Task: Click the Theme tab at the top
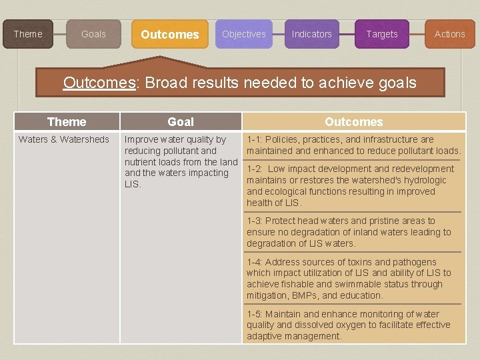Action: point(28,34)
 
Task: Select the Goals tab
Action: point(93,34)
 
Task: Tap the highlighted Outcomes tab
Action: point(169,34)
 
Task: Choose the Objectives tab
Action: point(243,34)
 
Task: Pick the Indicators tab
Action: point(311,34)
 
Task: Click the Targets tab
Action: point(381,34)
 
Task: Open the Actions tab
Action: point(449,34)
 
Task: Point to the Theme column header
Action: point(67,122)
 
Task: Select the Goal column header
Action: point(181,122)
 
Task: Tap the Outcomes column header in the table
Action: point(353,122)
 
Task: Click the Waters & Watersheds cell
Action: point(64,139)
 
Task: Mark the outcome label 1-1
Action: point(254,139)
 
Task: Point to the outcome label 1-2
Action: point(254,169)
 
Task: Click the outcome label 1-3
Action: point(254,221)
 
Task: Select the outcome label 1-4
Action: point(254,262)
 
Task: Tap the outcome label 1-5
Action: point(254,314)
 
